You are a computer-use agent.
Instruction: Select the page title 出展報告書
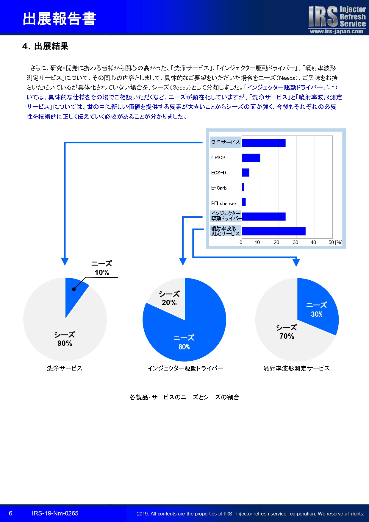pos(60,19)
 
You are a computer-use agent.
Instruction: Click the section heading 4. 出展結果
pos(45,46)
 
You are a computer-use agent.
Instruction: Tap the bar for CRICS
pos(251,158)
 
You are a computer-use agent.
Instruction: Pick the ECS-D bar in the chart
pos(246,173)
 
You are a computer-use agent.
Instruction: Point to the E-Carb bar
pos(243,187)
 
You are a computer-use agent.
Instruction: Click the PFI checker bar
pos(244,202)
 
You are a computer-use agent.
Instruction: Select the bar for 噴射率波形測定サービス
pos(274,231)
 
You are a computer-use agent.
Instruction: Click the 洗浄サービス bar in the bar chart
pos(264,143)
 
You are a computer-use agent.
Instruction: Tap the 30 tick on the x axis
pos(295,242)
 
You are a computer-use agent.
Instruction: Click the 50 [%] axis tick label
pos(335,242)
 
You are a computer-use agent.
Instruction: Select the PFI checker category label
pos(224,204)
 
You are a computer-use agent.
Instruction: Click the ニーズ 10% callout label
pos(102,268)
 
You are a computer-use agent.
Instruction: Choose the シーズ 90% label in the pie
pos(65,339)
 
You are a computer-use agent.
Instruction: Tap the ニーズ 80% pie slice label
pos(184,342)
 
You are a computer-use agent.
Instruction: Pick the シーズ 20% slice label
pos(169,298)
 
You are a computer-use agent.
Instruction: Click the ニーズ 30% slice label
pos(317,310)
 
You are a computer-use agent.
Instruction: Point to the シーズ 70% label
pos(287,332)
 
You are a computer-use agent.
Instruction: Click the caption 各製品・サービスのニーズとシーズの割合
pos(185,397)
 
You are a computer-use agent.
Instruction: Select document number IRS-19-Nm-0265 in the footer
pos(55,513)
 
